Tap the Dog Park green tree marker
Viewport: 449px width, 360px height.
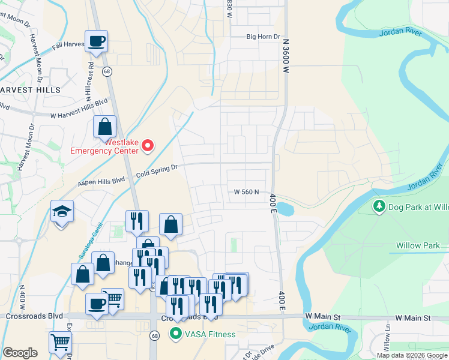[379, 207]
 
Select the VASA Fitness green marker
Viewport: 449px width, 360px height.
[176, 334]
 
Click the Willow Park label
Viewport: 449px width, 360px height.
[418, 245]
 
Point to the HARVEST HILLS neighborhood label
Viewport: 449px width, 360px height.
[30, 89]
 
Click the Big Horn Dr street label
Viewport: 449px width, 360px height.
[264, 37]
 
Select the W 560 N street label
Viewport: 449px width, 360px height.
[246, 192]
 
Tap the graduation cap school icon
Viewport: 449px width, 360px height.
[62, 212]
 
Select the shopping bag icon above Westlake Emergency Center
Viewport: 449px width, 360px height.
[105, 127]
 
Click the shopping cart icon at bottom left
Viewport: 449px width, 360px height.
[60, 343]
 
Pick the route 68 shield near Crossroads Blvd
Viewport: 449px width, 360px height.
[154, 335]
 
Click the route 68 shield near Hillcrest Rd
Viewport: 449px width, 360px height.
[106, 71]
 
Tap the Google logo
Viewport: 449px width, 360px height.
[20, 353]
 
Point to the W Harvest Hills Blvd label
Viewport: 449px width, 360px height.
[78, 112]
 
